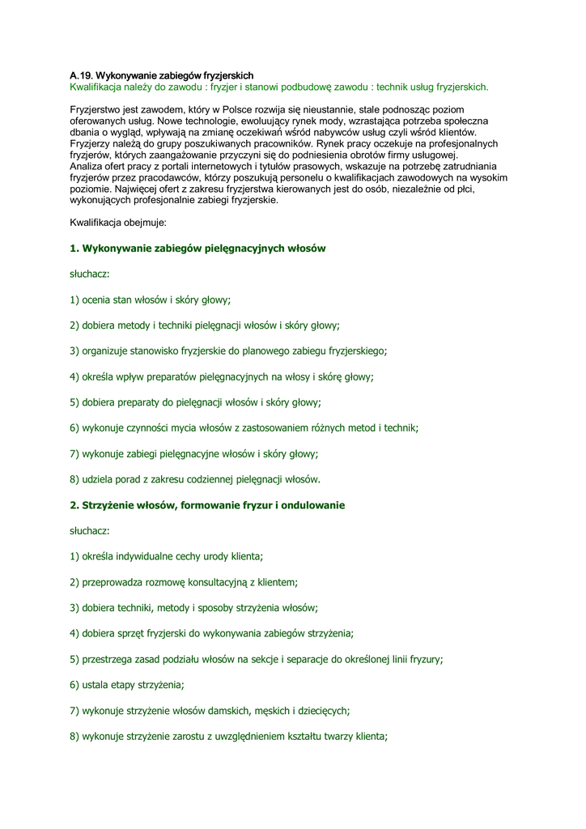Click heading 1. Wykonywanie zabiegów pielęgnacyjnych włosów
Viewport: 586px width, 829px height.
click(197, 249)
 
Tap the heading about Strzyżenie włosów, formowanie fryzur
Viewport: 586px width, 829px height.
click(207, 505)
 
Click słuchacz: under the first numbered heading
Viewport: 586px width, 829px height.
click(89, 274)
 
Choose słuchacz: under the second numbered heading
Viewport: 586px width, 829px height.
click(89, 531)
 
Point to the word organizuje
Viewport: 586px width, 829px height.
click(110, 351)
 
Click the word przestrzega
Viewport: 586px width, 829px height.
click(112, 659)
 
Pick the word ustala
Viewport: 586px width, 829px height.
click(97, 685)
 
